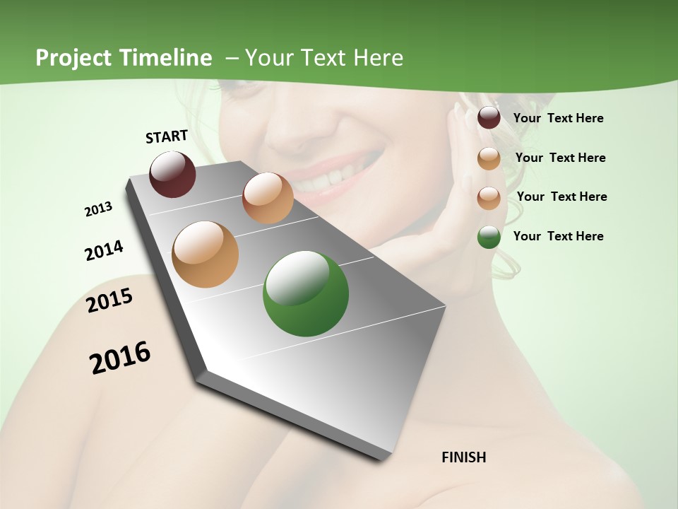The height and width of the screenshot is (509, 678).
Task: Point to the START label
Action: [167, 136]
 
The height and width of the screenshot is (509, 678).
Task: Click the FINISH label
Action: [464, 457]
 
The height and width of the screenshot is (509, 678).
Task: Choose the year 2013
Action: [98, 209]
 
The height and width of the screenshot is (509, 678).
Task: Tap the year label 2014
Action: [104, 250]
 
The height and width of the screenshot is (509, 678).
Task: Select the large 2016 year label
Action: [120, 358]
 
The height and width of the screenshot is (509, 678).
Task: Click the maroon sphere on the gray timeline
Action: [172, 174]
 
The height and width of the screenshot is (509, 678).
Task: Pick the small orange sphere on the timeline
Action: [268, 198]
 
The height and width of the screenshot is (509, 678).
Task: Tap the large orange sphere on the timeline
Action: [206, 255]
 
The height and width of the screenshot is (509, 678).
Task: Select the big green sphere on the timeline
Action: [305, 293]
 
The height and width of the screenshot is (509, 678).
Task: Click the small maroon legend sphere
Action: [489, 118]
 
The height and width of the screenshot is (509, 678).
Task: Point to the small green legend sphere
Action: [489, 237]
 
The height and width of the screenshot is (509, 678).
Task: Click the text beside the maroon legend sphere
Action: [558, 118]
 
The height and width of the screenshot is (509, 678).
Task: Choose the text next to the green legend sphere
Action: [558, 236]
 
